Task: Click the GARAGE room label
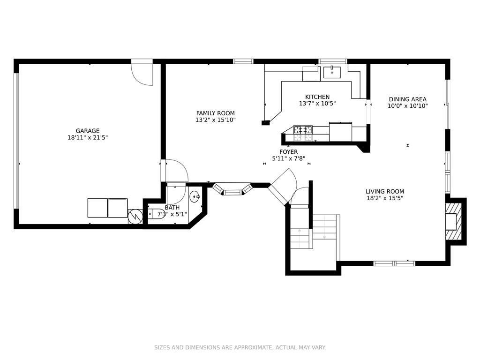[x=88, y=131]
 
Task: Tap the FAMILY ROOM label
[x=216, y=113]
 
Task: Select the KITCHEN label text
[x=317, y=97]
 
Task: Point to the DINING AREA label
[x=407, y=99]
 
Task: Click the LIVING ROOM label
[x=385, y=191]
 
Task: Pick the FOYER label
[x=289, y=151]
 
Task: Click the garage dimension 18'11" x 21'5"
[x=88, y=138]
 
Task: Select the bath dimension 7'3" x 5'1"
[x=172, y=214]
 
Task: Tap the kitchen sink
[x=332, y=72]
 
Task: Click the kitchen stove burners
[x=303, y=129]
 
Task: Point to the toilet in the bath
[x=156, y=213]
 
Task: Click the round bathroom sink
[x=195, y=196]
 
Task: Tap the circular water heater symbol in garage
[x=135, y=217]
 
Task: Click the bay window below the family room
[x=232, y=189]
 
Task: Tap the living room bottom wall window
[x=394, y=263]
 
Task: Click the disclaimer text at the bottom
[x=240, y=347]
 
